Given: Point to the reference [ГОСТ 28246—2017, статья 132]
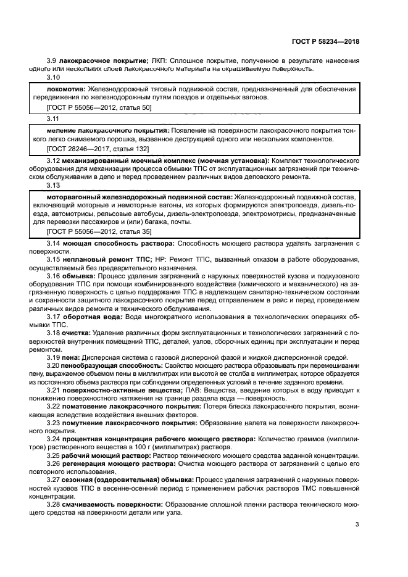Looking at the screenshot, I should pyautogui.click(x=98, y=149).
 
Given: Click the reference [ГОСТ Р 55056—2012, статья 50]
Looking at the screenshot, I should pyautogui.click(x=99, y=107).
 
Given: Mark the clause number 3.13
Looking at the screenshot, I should pyautogui.click(x=53, y=185).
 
